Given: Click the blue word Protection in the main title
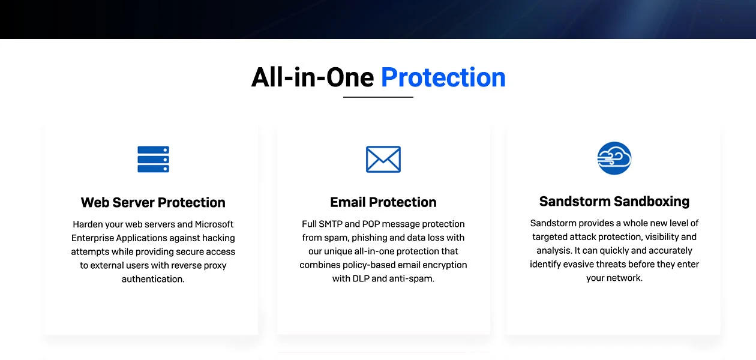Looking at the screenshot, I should click(x=443, y=77).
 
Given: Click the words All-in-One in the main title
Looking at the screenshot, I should click(x=313, y=77).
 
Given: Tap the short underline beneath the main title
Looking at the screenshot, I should click(x=378, y=97).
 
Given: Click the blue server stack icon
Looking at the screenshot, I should click(x=153, y=160).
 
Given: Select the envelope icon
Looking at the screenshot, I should click(x=383, y=159).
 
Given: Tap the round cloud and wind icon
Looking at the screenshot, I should click(x=614, y=158).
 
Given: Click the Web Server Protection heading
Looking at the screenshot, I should click(x=153, y=202).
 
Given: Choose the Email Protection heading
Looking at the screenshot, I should click(x=383, y=202).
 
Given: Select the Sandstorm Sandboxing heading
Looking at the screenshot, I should click(x=614, y=201).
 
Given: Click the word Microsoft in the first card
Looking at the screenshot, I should click(x=214, y=224).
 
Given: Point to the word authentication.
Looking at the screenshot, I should click(x=153, y=279).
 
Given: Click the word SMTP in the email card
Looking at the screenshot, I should click(x=331, y=224).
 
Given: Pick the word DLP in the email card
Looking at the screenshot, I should click(x=362, y=279).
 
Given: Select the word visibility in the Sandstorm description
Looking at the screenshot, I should click(x=658, y=237).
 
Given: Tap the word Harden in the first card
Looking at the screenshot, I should click(x=88, y=224).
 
